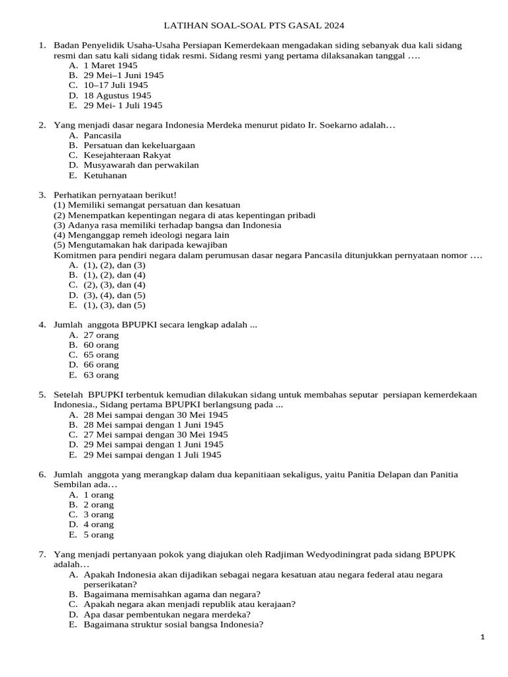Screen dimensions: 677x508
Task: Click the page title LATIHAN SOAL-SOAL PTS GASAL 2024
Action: [254, 26]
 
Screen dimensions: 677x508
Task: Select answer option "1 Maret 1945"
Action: [110, 65]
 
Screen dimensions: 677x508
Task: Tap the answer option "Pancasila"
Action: [103, 135]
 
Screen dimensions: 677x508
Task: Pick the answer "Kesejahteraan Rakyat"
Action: [127, 155]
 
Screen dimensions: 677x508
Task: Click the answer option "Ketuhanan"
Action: [105, 175]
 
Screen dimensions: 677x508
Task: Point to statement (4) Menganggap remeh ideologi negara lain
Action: [142, 235]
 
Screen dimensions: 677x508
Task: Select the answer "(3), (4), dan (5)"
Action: [114, 295]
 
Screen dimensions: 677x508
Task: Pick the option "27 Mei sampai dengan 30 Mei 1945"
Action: [155, 434]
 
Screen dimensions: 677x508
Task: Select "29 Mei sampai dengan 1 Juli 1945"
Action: [152, 455]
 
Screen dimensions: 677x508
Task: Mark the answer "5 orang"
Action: [99, 534]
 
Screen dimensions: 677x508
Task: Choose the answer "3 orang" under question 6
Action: [99, 514]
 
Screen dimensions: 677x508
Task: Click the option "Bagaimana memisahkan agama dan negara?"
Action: [172, 594]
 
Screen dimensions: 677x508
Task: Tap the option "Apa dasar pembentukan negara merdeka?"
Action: [167, 614]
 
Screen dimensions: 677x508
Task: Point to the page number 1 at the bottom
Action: [483, 637]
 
